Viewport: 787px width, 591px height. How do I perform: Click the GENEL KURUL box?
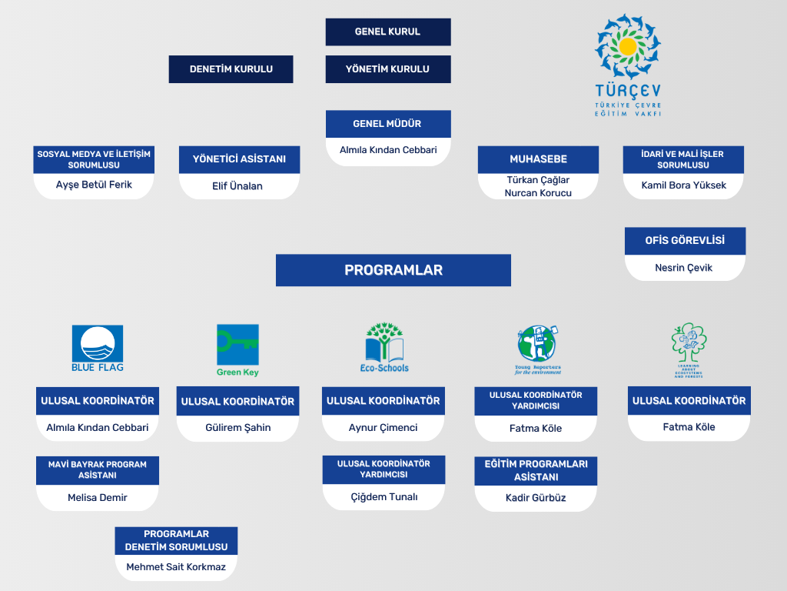[387, 32]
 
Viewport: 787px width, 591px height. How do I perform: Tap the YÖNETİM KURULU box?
[387, 69]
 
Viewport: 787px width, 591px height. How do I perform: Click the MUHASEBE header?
[538, 159]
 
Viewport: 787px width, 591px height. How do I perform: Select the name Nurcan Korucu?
[538, 193]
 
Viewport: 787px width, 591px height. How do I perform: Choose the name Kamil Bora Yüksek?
[684, 185]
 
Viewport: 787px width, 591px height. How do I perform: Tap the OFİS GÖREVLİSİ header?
[685, 240]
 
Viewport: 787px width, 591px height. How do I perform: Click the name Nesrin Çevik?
[684, 268]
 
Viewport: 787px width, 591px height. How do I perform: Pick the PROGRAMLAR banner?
[393, 270]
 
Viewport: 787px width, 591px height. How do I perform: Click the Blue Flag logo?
[98, 349]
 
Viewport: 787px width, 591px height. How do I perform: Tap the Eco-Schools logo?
[384, 348]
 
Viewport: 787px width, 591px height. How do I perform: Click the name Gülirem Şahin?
[237, 428]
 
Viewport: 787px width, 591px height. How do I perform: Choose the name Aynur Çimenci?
[383, 428]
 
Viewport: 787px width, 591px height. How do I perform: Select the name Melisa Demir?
[98, 498]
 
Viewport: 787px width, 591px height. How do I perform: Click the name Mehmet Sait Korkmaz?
[176, 568]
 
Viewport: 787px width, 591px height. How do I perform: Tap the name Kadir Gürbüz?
[536, 498]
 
